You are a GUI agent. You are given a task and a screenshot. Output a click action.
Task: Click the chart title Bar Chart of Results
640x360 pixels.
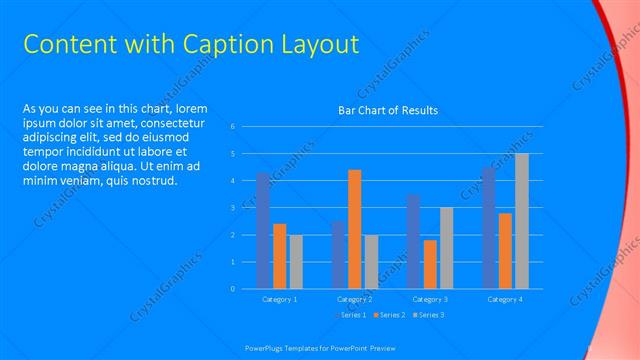tap(388, 110)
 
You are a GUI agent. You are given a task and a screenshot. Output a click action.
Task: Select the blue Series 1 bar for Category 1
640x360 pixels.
tap(263, 230)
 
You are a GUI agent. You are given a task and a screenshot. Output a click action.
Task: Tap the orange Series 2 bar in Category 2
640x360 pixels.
tap(354, 229)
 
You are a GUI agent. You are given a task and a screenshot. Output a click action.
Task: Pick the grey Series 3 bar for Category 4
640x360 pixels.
tap(521, 221)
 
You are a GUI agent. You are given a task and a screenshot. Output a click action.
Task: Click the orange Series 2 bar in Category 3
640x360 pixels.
tap(430, 264)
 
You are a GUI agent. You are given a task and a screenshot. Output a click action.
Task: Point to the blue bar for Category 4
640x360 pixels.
tap(488, 228)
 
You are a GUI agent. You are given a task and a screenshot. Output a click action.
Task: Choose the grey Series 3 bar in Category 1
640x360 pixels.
tap(296, 261)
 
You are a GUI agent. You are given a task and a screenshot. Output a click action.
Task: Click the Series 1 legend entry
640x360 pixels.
tap(349, 315)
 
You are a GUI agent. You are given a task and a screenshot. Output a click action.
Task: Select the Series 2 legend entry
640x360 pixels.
tap(388, 315)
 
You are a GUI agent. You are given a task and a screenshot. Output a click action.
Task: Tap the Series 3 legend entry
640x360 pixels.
tap(427, 315)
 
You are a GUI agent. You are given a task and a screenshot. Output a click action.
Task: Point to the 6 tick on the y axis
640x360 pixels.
tap(232, 126)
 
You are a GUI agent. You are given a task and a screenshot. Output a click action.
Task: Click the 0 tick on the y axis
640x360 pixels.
tap(232, 289)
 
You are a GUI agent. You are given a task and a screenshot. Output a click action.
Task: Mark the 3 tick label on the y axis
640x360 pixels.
tap(232, 208)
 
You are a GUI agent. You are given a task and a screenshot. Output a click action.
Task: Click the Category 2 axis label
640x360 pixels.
tap(354, 299)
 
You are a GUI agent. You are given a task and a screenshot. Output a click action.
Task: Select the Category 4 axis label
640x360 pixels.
tap(504, 299)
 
